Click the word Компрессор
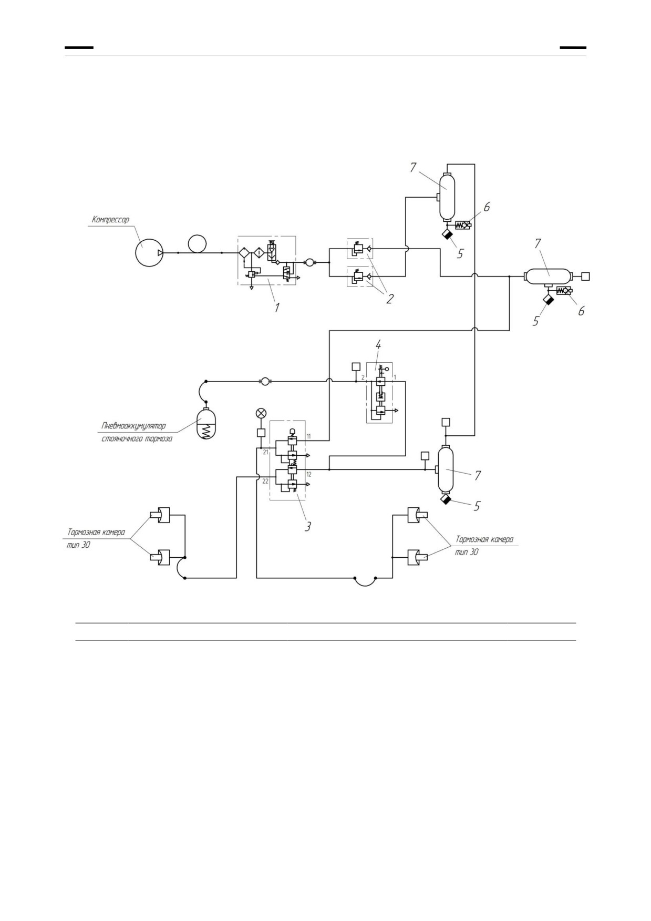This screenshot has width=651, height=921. point(110,220)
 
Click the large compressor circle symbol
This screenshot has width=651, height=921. point(149,253)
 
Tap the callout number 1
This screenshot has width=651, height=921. point(276,308)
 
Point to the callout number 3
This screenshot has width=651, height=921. point(308,526)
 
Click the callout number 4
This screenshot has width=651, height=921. point(378,345)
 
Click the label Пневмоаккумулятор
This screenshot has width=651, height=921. point(133,426)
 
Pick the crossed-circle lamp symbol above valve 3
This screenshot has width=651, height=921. point(260,414)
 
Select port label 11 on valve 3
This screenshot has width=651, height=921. point(308,437)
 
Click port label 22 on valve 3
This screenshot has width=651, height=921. point(265,481)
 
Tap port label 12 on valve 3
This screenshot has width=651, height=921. point(309,474)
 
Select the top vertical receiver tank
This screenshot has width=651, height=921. point(447,197)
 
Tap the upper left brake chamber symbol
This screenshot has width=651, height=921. point(160,516)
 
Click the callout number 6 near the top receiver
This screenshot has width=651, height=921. point(487,207)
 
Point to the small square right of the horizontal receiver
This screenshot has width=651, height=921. point(586,276)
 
